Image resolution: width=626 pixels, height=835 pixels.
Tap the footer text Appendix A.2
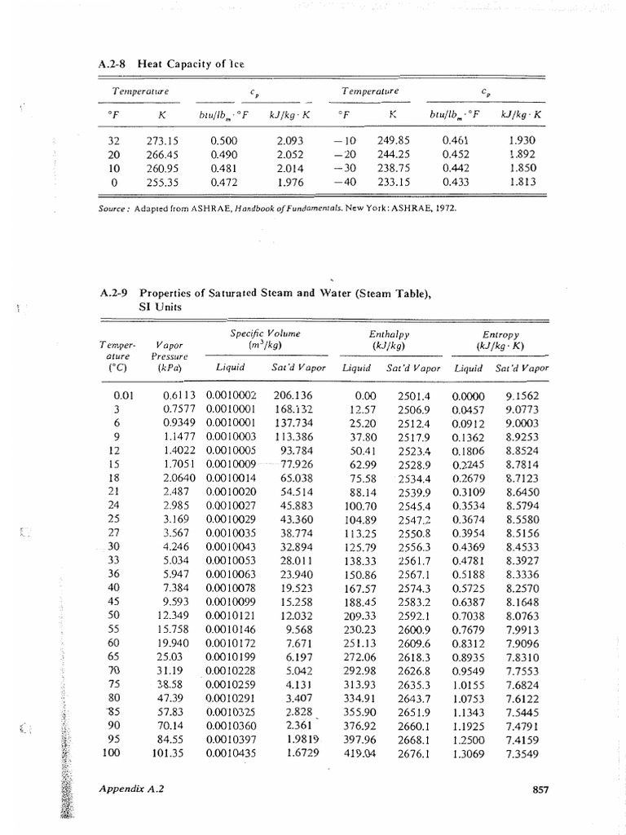(x=130, y=789)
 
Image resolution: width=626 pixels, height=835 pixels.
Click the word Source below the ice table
(x=113, y=207)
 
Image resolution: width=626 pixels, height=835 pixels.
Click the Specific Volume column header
(x=253, y=334)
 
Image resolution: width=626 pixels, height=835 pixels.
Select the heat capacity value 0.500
(x=223, y=140)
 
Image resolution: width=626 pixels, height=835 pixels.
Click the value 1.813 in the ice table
(x=522, y=182)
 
